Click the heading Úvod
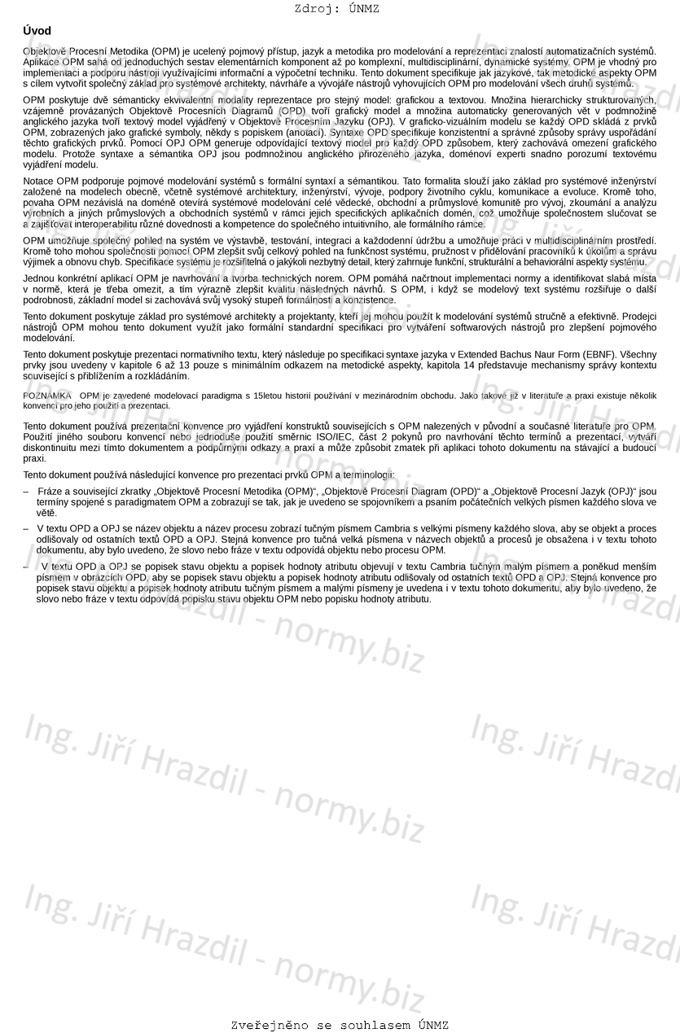37,31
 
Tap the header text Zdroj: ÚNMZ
336,9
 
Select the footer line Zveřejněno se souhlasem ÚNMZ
340,1025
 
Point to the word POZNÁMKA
47,395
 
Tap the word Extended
438,354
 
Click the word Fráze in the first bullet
50,491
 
